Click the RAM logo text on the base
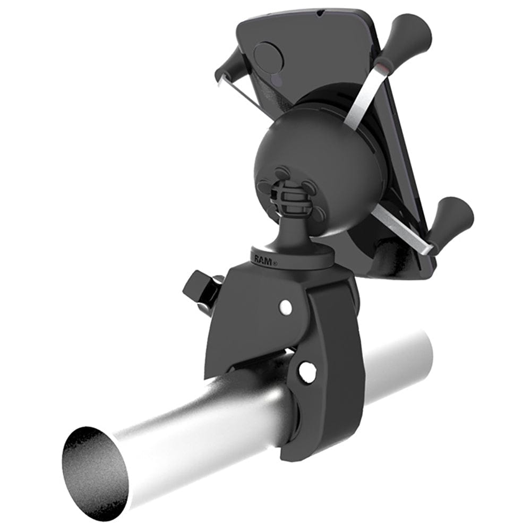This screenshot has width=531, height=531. point(262,260)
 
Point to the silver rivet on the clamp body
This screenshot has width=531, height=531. point(286,306)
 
